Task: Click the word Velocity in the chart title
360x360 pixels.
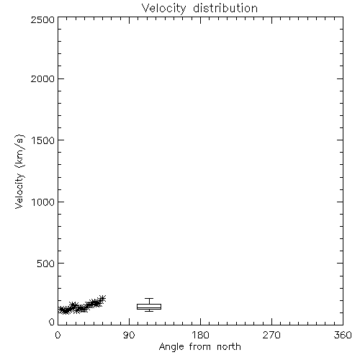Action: [164, 9]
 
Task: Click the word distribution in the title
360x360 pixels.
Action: [225, 8]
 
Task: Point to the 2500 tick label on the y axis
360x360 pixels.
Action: [43, 19]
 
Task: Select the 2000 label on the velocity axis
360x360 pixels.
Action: [43, 78]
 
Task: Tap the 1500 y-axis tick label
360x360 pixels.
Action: [43, 140]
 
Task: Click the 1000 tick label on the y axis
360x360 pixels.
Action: [43, 202]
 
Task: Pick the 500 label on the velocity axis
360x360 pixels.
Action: [46, 264]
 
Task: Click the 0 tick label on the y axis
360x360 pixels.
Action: [52, 322]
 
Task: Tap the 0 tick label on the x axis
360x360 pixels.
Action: [58, 335]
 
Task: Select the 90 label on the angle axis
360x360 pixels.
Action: [129, 335]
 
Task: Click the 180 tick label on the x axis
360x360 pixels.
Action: [200, 335]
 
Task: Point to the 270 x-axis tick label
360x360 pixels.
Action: [271, 335]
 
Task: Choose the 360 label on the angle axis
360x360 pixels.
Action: [343, 335]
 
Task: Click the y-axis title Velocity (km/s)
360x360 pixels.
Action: [19, 171]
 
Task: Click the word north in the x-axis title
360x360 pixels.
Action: [229, 347]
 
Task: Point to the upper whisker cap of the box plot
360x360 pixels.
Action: [149, 298]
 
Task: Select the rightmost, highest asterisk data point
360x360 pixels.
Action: [102, 298]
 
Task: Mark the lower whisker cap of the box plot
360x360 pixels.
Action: [149, 311]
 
